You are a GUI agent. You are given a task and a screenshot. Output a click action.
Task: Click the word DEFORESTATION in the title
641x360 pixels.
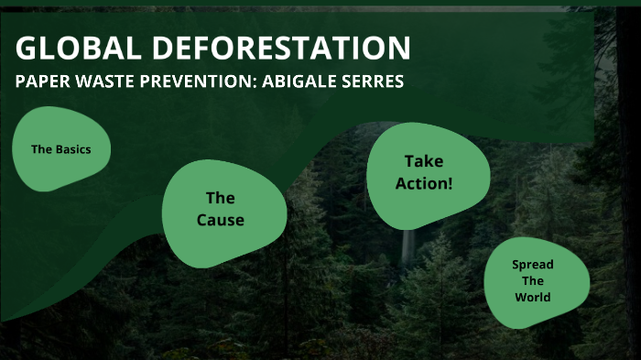coord(274,48)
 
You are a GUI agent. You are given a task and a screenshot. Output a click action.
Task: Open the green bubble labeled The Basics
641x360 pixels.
coord(60,148)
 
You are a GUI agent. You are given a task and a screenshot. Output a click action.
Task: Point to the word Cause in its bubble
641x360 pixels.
coord(221,220)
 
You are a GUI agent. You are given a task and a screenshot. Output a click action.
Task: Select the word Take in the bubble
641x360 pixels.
coord(424,161)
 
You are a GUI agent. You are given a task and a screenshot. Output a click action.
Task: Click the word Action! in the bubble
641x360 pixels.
coord(424,183)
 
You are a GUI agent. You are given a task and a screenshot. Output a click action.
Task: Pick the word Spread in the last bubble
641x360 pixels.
coord(533,265)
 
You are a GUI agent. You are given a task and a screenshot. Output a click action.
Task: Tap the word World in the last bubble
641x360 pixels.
coord(533,298)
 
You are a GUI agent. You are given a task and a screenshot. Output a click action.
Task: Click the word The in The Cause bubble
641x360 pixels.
coord(221,198)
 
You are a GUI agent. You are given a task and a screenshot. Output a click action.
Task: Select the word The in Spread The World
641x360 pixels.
coord(533,281)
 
